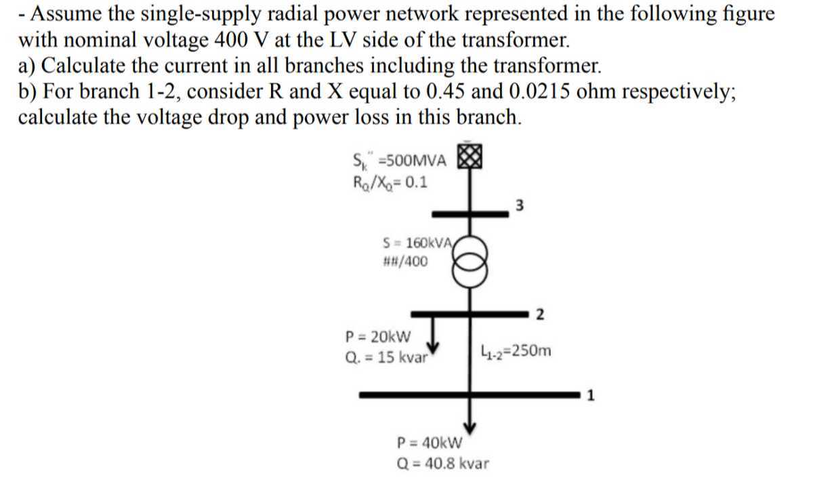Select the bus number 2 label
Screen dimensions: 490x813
pos(539,314)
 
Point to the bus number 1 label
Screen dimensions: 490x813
pos(590,396)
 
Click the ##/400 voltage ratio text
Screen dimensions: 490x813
pos(405,261)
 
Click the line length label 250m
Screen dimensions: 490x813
pos(515,351)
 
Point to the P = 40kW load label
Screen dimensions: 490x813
pos(429,444)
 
